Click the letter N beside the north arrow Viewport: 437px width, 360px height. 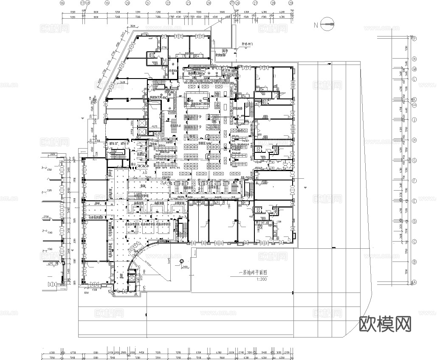pyautogui.click(x=316, y=25)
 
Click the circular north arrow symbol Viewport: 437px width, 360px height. pyautogui.click(x=328, y=24)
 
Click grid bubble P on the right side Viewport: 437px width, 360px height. pyautogui.click(x=414, y=39)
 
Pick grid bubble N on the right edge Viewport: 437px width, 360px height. pyautogui.click(x=414, y=59)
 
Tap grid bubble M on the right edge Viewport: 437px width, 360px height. pyautogui.click(x=414, y=69)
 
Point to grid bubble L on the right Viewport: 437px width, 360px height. pyautogui.click(x=414, y=79)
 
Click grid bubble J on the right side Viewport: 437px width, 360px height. pyautogui.click(x=414, y=120)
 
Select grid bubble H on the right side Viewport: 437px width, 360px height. pyautogui.click(x=414, y=140)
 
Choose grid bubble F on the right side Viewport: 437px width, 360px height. pyautogui.click(x=414, y=181)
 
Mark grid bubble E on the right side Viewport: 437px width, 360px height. pyautogui.click(x=414, y=201)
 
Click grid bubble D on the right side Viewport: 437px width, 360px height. pyautogui.click(x=414, y=222)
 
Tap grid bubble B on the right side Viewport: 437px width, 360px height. pyautogui.click(x=414, y=262)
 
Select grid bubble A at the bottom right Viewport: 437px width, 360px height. pyautogui.click(x=414, y=283)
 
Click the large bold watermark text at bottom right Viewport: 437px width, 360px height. pyautogui.click(x=385, y=325)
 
